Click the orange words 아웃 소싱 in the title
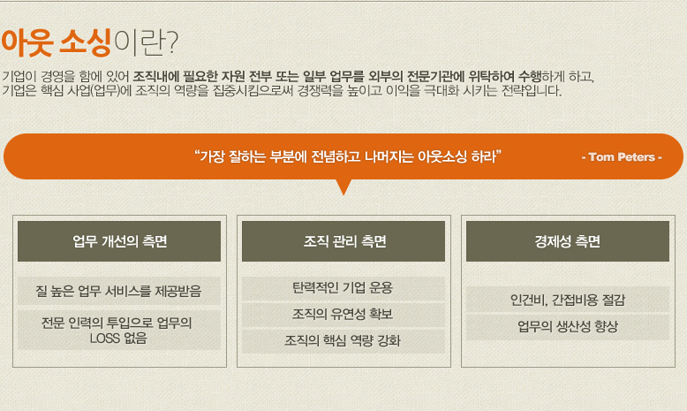(x=57, y=42)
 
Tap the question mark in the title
(x=172, y=42)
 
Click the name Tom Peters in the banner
(x=622, y=157)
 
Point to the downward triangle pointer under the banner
(x=343, y=186)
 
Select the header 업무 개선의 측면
(x=119, y=241)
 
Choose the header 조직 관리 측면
(x=344, y=241)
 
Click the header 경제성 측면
(x=568, y=241)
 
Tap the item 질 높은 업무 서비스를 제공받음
(x=118, y=291)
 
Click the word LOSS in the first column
(x=105, y=339)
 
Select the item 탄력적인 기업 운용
(x=343, y=288)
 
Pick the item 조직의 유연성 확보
(x=343, y=314)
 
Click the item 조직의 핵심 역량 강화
(x=343, y=340)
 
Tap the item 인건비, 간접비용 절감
(x=568, y=300)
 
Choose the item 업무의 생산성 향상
(x=568, y=326)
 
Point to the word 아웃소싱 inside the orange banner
(x=442, y=156)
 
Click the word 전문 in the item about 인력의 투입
(x=52, y=323)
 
